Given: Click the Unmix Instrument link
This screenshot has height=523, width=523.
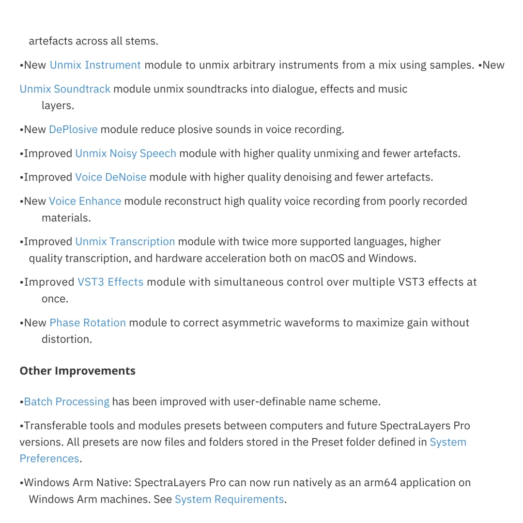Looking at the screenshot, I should pyautogui.click(x=95, y=65).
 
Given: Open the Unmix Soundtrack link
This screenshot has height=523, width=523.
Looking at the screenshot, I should pyautogui.click(x=65, y=89).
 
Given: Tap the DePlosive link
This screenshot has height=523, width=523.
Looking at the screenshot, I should pyautogui.click(x=73, y=129).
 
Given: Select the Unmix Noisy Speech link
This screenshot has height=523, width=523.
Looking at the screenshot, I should pyautogui.click(x=125, y=154).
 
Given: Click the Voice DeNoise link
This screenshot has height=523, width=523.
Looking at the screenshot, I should pyautogui.click(x=110, y=177).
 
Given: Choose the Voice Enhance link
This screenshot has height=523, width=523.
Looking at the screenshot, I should pyautogui.click(x=85, y=201).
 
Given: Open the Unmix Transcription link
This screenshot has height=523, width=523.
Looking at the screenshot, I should pyautogui.click(x=125, y=242).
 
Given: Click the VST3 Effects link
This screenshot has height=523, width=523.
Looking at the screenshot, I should pyautogui.click(x=110, y=282).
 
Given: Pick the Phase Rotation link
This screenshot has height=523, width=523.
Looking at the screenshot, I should pyautogui.click(x=88, y=323).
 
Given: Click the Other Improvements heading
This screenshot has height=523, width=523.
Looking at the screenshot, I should pyautogui.click(x=77, y=371).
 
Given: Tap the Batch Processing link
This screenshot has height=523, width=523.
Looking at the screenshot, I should pyautogui.click(x=67, y=402).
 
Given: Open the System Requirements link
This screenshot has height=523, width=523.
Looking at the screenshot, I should pyautogui.click(x=229, y=499).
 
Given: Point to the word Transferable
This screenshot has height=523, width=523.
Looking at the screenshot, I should pyautogui.click(x=55, y=426).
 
